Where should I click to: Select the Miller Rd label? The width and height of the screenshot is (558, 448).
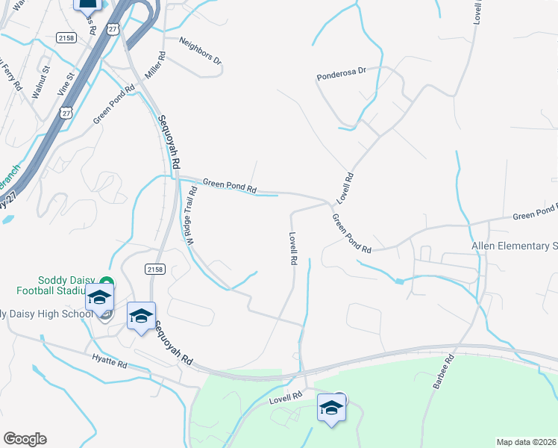click(155, 66)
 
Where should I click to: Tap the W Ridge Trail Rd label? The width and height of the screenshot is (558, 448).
click(192, 217)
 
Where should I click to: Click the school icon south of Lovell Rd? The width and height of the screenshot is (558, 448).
click(331, 408)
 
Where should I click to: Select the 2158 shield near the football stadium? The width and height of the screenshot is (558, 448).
click(153, 268)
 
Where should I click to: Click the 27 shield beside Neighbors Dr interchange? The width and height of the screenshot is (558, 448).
click(113, 28)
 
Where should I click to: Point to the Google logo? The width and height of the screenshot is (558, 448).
click(25, 439)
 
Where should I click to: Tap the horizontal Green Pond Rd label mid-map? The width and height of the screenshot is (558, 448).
click(230, 186)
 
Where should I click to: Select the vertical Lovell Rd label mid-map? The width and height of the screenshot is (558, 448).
click(292, 249)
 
